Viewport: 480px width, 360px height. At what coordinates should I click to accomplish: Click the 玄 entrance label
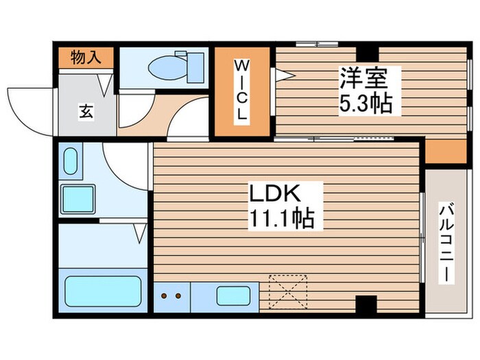[x=88, y=109]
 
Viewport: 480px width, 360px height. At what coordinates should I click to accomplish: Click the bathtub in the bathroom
[x=102, y=291]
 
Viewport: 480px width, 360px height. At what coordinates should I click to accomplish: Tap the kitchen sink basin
[x=232, y=296]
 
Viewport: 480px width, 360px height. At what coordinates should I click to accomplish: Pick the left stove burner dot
[x=166, y=296]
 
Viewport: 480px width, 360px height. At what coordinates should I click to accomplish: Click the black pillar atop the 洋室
[x=368, y=52]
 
